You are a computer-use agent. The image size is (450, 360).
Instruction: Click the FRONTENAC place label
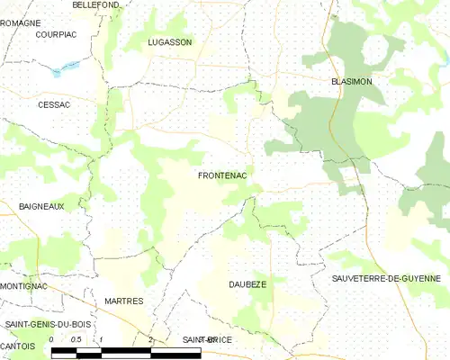[222, 177]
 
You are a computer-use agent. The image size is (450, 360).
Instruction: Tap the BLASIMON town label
[351, 81]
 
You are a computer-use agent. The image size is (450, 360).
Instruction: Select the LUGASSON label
[170, 42]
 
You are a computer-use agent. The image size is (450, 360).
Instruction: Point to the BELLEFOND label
[96, 5]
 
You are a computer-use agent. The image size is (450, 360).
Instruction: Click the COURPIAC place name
[55, 34]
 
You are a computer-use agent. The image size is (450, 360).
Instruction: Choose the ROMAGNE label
[20, 22]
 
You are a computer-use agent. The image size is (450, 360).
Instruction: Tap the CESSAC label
[53, 104]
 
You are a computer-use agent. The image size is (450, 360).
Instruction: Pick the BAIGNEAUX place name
[41, 206]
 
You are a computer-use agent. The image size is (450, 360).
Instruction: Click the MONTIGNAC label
[22, 285]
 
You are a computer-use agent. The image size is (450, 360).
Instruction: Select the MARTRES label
[123, 301]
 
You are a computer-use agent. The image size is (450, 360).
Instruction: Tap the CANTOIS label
[18, 346]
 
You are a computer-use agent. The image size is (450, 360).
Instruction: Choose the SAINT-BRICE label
[207, 339]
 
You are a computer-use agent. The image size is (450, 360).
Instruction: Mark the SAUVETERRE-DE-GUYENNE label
[390, 279]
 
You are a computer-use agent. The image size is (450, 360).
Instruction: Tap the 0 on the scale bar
[51, 339]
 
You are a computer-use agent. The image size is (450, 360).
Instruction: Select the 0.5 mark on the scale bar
[76, 339]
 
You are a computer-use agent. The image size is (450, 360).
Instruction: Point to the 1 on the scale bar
[101, 339]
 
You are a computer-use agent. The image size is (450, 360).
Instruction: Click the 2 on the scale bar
[150, 339]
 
